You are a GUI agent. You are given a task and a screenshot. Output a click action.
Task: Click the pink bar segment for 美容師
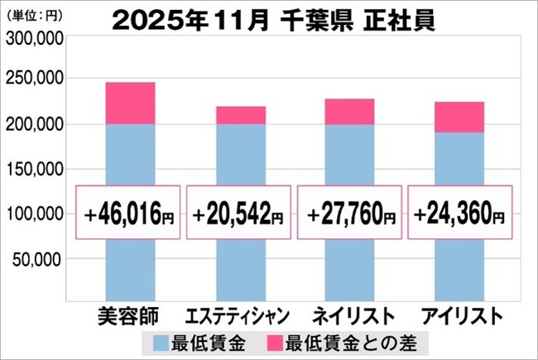[x=131, y=103]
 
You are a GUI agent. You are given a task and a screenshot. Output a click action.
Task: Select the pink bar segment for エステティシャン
[x=241, y=115]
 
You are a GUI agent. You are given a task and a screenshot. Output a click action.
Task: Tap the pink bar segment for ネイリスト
[x=349, y=112]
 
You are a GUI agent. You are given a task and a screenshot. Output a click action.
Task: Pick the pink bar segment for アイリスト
[x=459, y=117]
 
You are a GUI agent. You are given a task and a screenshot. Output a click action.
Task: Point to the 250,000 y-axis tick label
[x=34, y=79]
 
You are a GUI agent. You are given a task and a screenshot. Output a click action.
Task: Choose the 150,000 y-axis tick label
[x=34, y=170]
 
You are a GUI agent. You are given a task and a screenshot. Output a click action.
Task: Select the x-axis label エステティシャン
[x=239, y=316]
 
